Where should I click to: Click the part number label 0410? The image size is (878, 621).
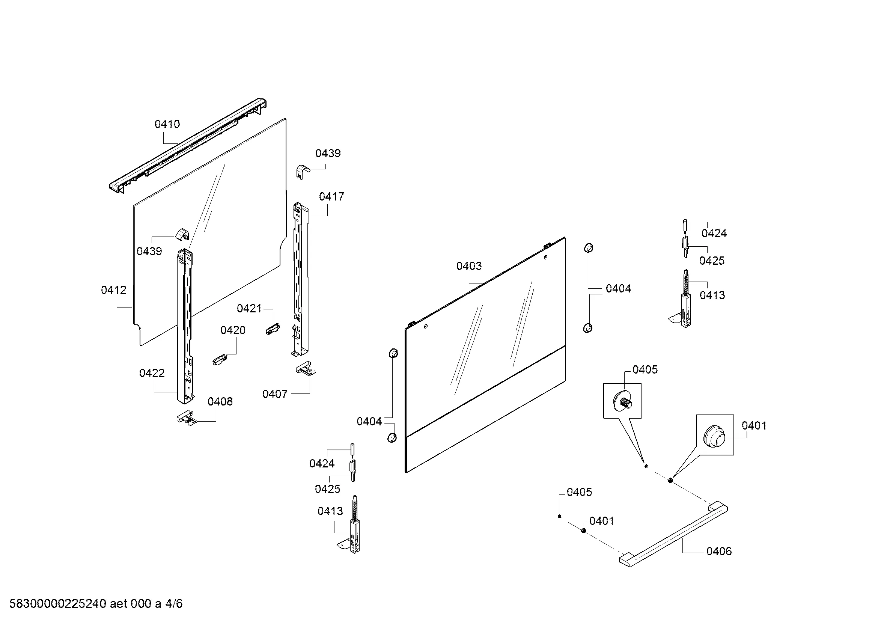(167, 124)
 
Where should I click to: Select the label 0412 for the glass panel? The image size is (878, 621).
(114, 290)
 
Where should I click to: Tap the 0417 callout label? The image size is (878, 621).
(331, 196)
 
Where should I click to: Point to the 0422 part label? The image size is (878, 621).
(152, 373)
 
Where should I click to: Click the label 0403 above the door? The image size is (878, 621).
(469, 266)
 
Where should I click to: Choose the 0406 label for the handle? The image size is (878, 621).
(719, 551)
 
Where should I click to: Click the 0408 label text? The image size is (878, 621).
(220, 401)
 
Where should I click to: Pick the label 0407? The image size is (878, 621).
(275, 394)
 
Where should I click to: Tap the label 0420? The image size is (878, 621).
(233, 330)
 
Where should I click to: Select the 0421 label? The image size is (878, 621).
(249, 309)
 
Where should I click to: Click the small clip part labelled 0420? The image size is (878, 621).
(220, 360)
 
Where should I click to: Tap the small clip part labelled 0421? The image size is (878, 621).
(272, 329)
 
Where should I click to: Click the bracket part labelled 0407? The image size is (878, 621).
(306, 369)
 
